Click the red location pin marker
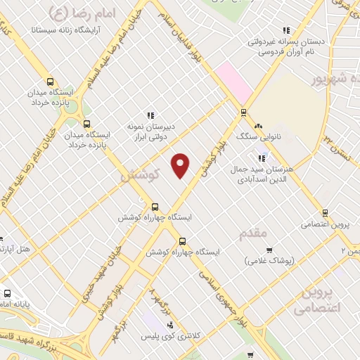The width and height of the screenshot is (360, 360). coord(181,165)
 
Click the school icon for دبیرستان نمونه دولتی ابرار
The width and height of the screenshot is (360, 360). coord(149,115)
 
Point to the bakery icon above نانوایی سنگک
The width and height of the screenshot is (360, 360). coord(259,127)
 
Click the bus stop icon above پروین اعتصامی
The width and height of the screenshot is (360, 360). coord(325,213)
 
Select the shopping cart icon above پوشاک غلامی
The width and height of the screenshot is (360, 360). coord(269,250)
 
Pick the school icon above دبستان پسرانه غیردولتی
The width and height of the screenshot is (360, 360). coord(285,30)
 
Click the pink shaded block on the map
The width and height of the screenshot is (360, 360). coord(233,81)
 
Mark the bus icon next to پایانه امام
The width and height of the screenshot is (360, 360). coord(7,294)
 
